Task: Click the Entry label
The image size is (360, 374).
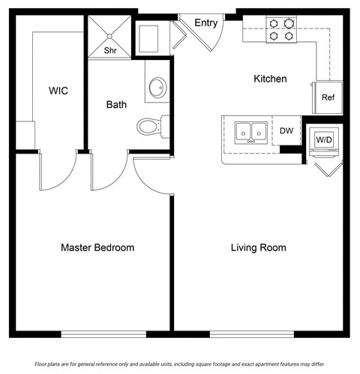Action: click(206, 23)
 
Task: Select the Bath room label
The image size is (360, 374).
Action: click(116, 104)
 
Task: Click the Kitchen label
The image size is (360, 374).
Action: click(270, 79)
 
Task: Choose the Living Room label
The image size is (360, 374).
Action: click(257, 247)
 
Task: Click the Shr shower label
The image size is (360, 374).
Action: click(109, 51)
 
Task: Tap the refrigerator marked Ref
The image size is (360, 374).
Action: click(328, 97)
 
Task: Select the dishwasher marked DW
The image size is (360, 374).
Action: click(286, 130)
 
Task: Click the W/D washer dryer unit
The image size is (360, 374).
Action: click(324, 139)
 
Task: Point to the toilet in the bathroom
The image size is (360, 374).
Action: click(149, 126)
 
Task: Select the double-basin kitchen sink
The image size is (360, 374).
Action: click(251, 133)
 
